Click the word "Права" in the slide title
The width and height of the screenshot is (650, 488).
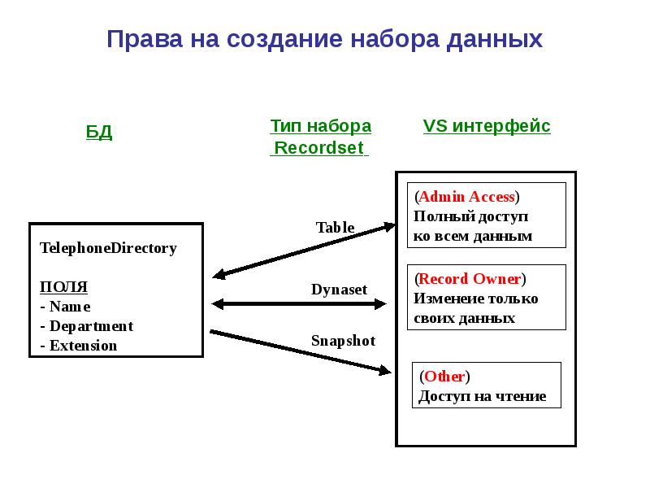tap(145, 39)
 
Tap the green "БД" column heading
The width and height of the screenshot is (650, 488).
tap(99, 133)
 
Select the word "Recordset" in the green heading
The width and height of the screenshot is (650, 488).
tap(319, 148)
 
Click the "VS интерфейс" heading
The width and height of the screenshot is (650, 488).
tap(487, 126)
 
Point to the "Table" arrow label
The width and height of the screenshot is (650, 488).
tap(335, 228)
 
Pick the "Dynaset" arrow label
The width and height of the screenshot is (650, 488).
tap(339, 290)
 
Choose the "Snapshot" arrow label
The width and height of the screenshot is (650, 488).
tap(343, 341)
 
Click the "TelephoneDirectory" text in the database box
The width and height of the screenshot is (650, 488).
tap(108, 248)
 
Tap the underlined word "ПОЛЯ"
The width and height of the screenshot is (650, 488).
tap(63, 287)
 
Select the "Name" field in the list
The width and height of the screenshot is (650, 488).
tap(70, 307)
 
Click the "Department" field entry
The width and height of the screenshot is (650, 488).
tap(91, 326)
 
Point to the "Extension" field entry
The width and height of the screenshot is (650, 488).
tap(84, 346)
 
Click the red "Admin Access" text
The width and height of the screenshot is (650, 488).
tap(466, 196)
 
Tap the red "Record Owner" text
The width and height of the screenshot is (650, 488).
tap(470, 278)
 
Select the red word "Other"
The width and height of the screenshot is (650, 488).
tap(444, 377)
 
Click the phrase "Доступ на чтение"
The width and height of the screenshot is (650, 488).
tap(482, 396)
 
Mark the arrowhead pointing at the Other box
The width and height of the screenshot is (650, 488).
tap(384, 369)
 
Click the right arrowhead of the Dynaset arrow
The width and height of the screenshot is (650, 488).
tap(380, 304)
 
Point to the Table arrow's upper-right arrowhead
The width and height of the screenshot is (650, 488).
tap(390, 227)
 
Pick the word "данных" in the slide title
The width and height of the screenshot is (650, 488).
tap(494, 40)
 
